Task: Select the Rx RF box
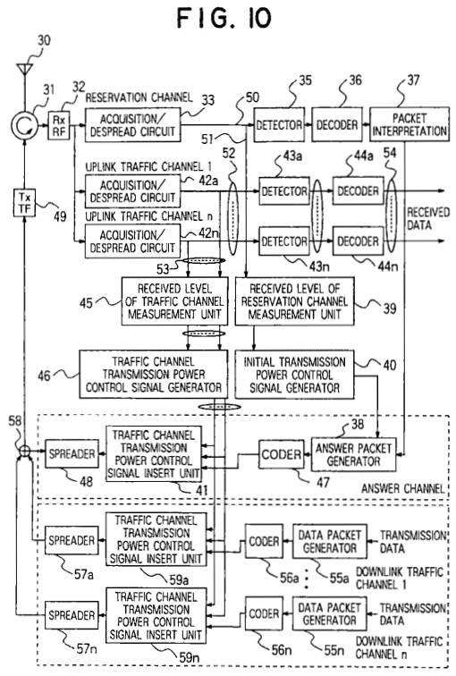(x=58, y=125)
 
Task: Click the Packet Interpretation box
(x=409, y=124)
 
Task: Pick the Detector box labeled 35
(x=279, y=124)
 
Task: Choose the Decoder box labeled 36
(x=337, y=124)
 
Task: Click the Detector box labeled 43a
(x=284, y=191)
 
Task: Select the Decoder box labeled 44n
(x=358, y=241)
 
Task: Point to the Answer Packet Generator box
(x=353, y=454)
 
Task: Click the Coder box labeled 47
(x=281, y=454)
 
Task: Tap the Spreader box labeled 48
(x=72, y=453)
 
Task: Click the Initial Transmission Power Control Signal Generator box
(x=294, y=374)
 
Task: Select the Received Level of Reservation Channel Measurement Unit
(x=294, y=301)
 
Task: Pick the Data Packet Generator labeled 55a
(x=330, y=541)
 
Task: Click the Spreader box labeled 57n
(x=72, y=615)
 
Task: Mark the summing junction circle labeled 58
(x=24, y=451)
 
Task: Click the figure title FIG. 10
(x=224, y=18)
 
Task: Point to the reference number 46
(x=44, y=376)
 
